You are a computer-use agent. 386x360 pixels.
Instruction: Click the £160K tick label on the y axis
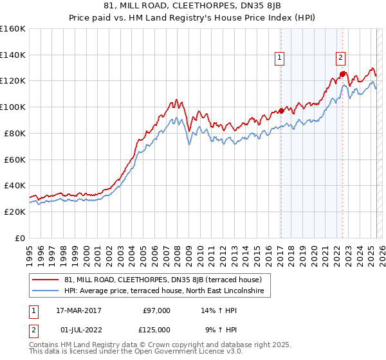click(13, 29)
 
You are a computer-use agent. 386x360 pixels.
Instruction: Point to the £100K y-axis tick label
click(13, 107)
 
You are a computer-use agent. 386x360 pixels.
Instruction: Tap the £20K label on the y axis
click(15, 212)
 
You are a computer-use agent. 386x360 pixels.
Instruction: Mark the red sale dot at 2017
click(281, 111)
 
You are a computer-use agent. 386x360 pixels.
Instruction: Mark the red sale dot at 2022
click(342, 75)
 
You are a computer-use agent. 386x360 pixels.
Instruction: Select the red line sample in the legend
click(46, 280)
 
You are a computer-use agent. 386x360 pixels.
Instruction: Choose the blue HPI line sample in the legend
click(46, 291)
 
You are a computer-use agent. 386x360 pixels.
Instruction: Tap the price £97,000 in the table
click(156, 310)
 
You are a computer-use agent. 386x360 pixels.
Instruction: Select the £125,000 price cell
click(156, 330)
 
